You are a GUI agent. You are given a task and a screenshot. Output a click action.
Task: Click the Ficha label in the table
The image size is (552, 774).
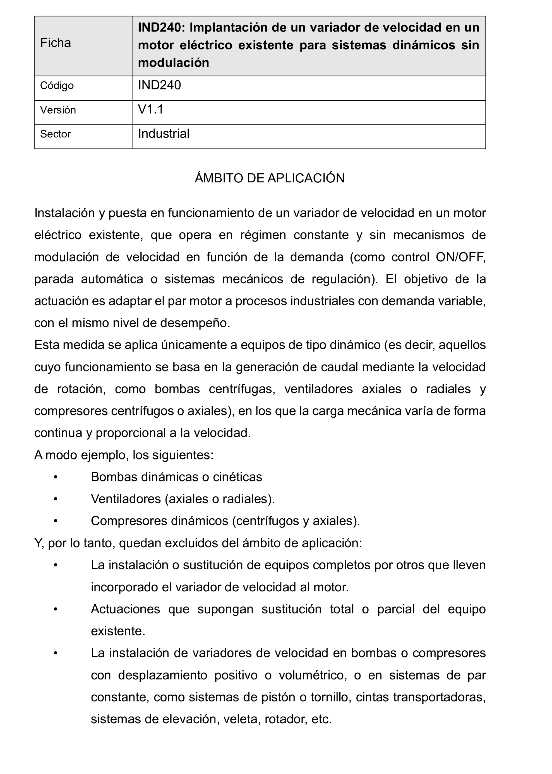coord(56,43)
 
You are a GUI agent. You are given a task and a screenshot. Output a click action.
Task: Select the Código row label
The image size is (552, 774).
coord(57,86)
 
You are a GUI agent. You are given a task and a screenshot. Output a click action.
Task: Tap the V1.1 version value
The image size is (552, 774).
coord(151,109)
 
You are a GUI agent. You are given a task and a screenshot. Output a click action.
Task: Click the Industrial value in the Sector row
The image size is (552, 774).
coord(164,134)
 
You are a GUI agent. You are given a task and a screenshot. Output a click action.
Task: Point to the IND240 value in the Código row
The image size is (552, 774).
coord(159,85)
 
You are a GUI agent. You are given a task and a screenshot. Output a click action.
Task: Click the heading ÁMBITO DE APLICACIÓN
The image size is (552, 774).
coord(270,178)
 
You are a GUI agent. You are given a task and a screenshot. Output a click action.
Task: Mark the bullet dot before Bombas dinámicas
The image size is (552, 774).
coord(56,477)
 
